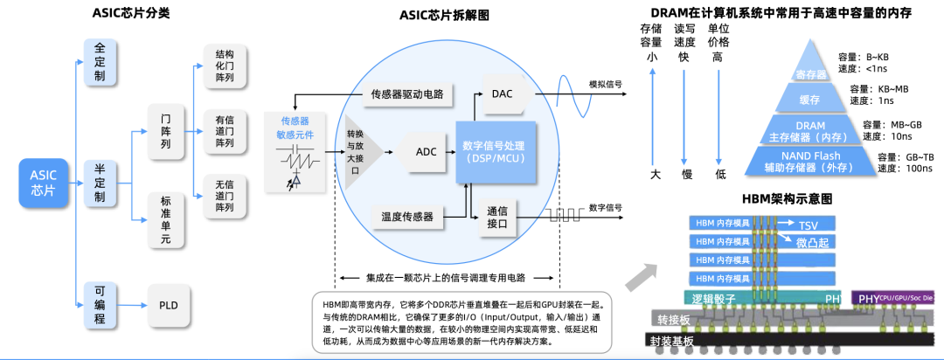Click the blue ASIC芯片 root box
point(43,183)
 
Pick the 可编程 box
point(100,306)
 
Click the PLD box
point(169,306)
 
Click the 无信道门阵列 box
point(225,196)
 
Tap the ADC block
point(426,152)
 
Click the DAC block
point(503,93)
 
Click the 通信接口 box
point(496,216)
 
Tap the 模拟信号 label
point(605,84)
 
